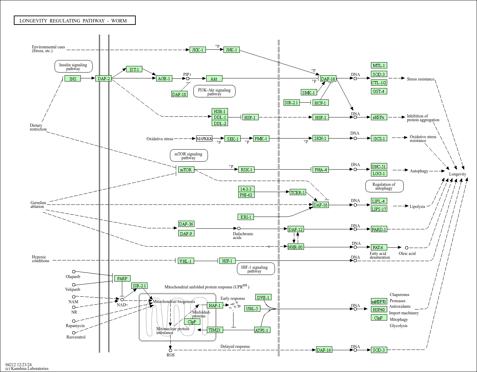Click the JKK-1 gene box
(198, 50)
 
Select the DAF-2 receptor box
(103, 78)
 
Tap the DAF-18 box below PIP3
(179, 94)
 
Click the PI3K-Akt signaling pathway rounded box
(214, 91)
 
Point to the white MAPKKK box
(204, 139)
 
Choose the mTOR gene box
(186, 170)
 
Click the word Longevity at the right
(457, 174)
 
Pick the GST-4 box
(379, 91)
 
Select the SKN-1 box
(321, 138)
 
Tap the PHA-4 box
(321, 170)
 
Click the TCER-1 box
(298, 192)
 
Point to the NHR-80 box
(296, 247)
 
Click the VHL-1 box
(186, 261)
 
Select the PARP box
(122, 278)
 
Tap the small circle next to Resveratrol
(74, 333)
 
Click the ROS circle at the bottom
(170, 350)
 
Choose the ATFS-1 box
(262, 330)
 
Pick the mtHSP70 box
(379, 301)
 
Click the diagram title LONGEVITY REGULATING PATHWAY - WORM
(73, 21)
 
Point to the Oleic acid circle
(407, 248)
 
